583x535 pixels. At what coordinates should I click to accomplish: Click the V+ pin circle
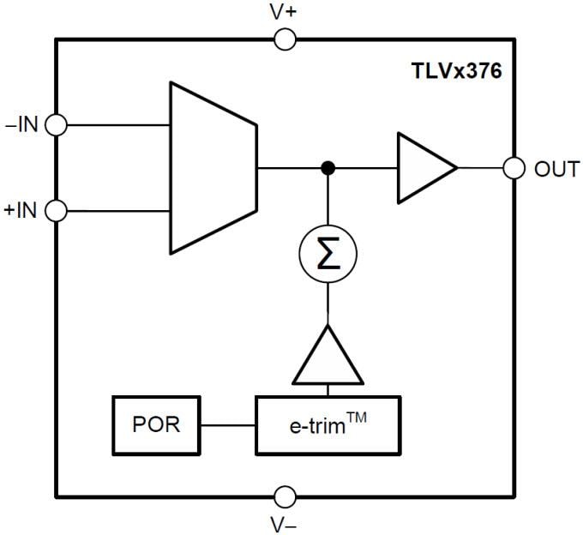click(285, 39)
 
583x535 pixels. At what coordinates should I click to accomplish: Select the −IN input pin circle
click(56, 124)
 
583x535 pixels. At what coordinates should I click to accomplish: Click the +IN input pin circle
click(56, 210)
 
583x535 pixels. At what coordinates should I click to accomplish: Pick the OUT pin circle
click(514, 168)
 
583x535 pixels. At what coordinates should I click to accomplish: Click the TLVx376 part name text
click(455, 71)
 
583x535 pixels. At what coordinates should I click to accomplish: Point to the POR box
click(156, 424)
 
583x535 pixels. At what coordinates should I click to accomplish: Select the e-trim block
click(328, 425)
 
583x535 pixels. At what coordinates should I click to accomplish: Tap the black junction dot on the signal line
click(327, 168)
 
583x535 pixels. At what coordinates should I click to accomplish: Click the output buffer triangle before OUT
click(422, 168)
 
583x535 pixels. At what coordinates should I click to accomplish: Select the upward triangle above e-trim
click(327, 358)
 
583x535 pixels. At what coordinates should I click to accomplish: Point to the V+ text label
click(285, 12)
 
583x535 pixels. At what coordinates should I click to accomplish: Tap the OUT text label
click(556, 169)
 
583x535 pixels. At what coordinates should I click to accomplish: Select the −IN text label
click(21, 125)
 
